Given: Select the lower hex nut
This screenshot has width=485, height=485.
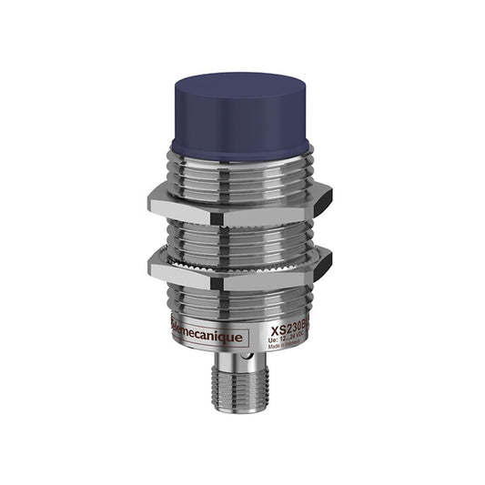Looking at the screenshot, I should click(x=238, y=270).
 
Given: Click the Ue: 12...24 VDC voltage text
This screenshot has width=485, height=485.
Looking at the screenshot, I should click(x=289, y=344).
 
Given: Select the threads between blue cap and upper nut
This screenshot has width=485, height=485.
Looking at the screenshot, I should click(x=238, y=164).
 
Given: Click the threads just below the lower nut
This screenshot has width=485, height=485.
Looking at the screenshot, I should click(x=238, y=300).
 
